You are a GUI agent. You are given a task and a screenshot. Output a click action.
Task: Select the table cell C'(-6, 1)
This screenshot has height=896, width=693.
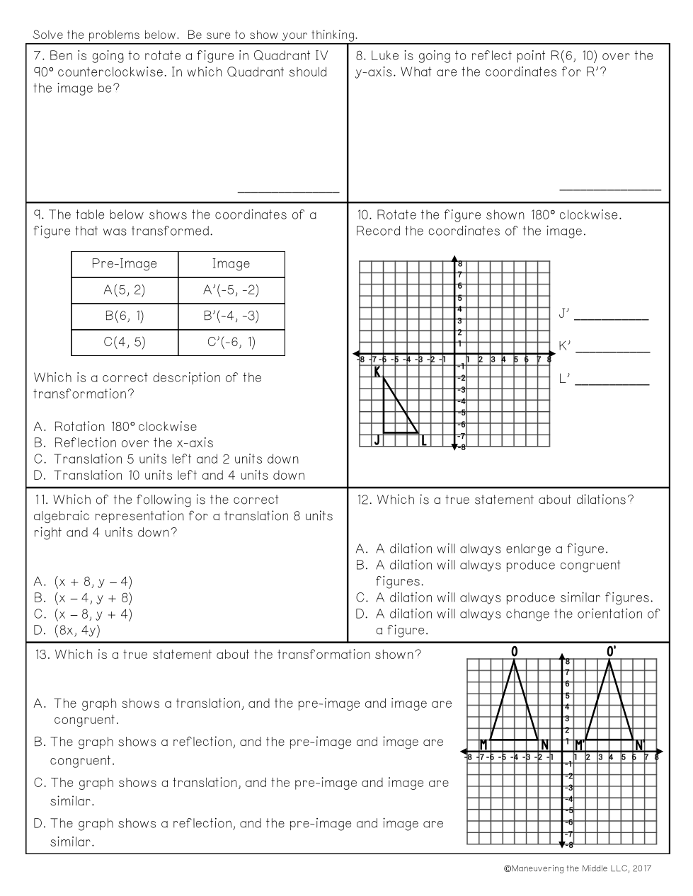(231, 343)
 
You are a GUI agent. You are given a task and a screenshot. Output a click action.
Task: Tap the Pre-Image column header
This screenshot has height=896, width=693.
(125, 264)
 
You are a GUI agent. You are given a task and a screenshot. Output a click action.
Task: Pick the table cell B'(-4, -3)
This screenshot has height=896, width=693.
(231, 316)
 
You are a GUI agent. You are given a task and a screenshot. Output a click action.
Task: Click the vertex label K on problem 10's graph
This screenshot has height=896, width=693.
(377, 372)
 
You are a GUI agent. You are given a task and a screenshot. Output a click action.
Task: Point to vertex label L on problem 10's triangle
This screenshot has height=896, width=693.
(424, 441)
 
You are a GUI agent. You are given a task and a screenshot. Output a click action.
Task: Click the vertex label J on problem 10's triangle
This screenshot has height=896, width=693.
(377, 441)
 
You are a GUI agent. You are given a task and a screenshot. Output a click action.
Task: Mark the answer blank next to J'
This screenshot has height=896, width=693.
(611, 318)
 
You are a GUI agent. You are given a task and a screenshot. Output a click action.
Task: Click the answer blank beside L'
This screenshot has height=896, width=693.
(612, 384)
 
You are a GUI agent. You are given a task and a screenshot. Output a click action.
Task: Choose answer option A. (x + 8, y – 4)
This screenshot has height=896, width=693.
(83, 582)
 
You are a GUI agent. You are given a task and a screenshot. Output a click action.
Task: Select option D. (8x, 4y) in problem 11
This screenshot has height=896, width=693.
(67, 630)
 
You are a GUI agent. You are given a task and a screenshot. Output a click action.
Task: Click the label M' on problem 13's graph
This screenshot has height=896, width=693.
(580, 745)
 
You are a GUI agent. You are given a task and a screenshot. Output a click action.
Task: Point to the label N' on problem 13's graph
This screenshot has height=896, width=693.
(640, 745)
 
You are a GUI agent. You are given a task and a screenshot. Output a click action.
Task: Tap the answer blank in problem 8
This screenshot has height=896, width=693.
(609, 188)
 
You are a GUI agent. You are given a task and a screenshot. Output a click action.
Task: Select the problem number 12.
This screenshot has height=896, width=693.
(365, 500)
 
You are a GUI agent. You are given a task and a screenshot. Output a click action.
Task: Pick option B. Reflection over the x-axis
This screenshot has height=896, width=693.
(123, 443)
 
